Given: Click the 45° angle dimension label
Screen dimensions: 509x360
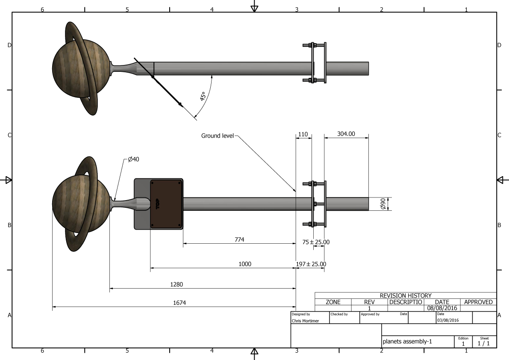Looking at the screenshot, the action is pos(203,96).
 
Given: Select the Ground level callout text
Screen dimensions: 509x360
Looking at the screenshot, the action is pos(218,136).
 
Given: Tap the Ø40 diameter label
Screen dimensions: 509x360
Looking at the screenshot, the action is pos(133,159).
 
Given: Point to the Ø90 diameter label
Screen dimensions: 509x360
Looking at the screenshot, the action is pos(383,204).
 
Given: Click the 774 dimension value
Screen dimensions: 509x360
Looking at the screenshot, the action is pos(239,239).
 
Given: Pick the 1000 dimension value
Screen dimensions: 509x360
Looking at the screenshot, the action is pos(245,264).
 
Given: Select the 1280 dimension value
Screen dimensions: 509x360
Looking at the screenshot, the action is pos(177,284).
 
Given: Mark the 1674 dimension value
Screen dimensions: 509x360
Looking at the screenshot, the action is pos(179,303).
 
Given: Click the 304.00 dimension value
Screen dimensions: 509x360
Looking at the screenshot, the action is pos(346,134).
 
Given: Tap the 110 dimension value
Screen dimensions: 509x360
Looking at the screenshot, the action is pos(303,134).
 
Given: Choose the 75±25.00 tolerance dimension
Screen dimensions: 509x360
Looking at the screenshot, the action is pos(316,242).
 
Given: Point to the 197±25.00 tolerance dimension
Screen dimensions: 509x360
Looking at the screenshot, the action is pos(311,264).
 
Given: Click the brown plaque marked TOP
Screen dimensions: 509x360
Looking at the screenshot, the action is pos(166,204).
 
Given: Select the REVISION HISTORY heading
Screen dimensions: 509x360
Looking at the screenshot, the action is pos(406,295).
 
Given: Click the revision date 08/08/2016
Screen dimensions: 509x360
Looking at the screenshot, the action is pos(442,308).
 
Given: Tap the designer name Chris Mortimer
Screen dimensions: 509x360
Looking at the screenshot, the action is pos(305,321).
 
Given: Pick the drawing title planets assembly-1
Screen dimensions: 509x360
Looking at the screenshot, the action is pos(407,342).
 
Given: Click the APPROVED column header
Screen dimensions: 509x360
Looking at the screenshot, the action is pos(478,302).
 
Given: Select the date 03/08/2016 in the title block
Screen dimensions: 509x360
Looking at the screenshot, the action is pos(448,320).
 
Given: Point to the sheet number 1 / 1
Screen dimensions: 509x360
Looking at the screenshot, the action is pos(484,343).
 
